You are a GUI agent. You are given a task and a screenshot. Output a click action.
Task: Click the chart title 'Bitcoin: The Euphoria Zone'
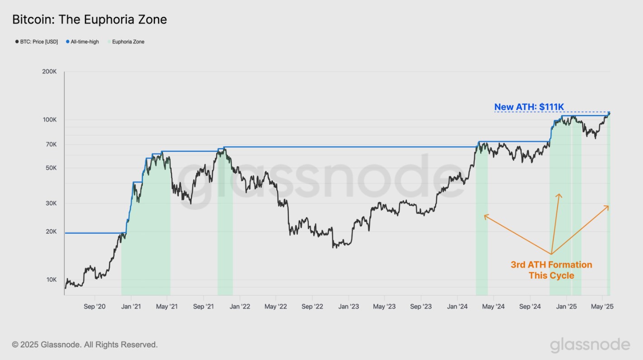click(x=89, y=19)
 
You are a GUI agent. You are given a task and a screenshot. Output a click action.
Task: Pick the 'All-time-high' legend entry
click(x=85, y=42)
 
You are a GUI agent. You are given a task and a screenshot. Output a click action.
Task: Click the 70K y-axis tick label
click(x=50, y=144)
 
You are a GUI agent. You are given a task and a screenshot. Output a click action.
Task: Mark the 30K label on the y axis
click(x=50, y=203)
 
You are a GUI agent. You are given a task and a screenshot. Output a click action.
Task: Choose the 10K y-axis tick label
click(x=50, y=279)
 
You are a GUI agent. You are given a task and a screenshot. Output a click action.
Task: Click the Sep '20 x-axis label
click(x=95, y=307)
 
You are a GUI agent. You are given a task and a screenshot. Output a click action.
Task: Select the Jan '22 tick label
click(x=240, y=307)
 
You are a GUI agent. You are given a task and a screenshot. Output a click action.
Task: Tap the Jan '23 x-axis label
click(x=349, y=307)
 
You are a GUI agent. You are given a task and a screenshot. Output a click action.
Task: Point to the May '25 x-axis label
click(x=602, y=307)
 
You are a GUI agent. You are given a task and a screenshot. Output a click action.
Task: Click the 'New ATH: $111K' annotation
click(x=529, y=107)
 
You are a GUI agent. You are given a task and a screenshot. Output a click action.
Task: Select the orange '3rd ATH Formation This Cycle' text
click(x=551, y=270)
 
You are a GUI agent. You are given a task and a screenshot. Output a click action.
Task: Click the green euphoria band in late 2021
click(x=225, y=226)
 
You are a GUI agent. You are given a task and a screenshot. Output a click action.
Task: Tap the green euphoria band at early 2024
click(x=482, y=226)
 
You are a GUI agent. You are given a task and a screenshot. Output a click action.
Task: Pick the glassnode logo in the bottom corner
click(x=590, y=345)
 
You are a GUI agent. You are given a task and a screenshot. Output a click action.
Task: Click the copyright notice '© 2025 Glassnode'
click(x=85, y=345)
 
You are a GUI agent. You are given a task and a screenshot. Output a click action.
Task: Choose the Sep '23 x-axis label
click(x=421, y=307)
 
